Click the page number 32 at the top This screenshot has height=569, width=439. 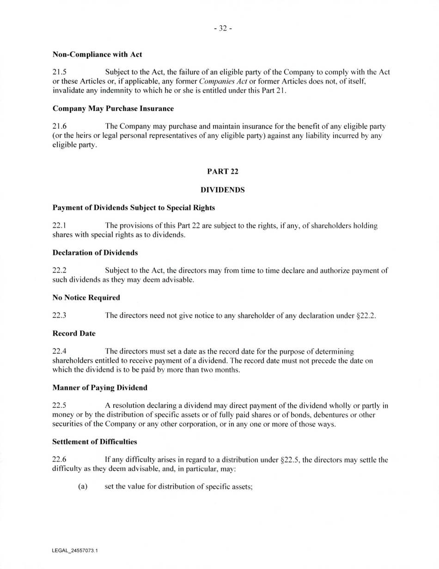click(x=223, y=29)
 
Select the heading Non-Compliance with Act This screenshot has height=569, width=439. click(x=97, y=54)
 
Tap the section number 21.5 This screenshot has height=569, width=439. click(x=59, y=72)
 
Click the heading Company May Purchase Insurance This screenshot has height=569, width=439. click(x=113, y=109)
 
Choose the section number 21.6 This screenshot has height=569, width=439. click(x=59, y=126)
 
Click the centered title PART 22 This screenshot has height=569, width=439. click(x=223, y=171)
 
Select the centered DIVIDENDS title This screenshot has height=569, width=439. click(x=223, y=190)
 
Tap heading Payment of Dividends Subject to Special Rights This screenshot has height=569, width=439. click(x=134, y=208)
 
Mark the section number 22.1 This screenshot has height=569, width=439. click(x=59, y=226)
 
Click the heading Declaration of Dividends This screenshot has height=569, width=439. click(x=95, y=253)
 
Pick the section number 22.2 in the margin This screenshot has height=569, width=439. click(x=59, y=271)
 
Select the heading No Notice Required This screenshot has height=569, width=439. click(x=86, y=297)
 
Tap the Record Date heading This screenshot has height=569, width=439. click(x=74, y=333)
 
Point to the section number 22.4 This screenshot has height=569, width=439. click(x=59, y=351)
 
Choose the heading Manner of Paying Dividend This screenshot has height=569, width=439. click(x=100, y=387)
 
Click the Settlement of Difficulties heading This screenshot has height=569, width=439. click(x=95, y=442)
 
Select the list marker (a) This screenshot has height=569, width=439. click(x=83, y=486)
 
